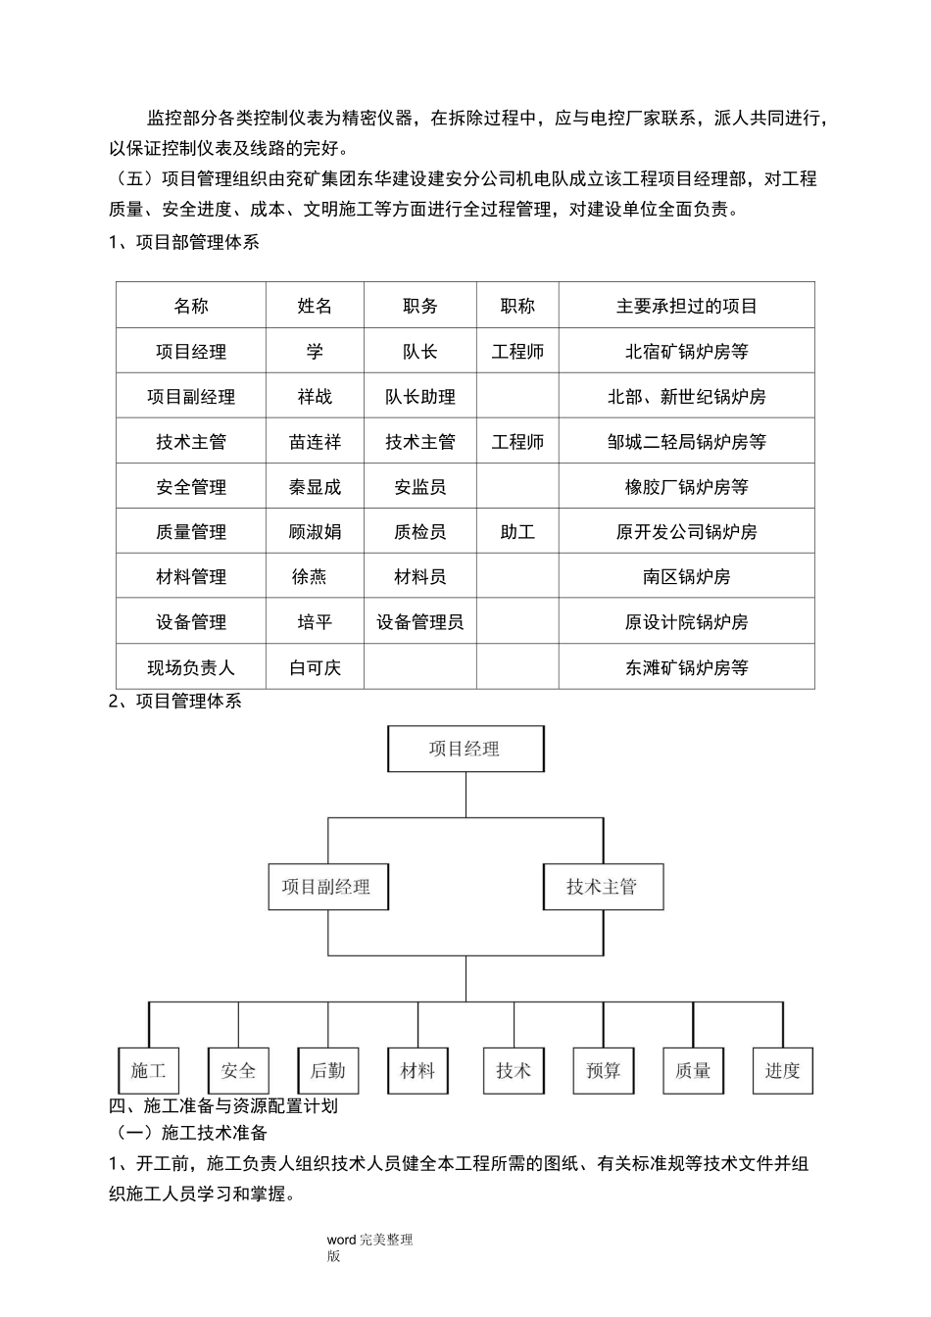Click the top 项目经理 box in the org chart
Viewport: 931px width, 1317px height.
tap(465, 750)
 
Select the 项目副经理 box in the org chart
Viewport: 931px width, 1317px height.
tap(327, 888)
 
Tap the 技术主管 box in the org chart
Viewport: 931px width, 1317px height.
tap(602, 888)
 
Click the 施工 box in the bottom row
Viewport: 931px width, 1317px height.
tap(148, 1071)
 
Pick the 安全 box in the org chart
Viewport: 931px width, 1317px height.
tap(238, 1071)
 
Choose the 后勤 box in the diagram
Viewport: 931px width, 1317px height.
tap(327, 1071)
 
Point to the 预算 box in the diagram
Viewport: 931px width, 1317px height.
tap(603, 1071)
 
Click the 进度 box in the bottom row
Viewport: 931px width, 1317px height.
tap(782, 1071)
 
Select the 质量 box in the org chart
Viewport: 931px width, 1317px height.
tap(693, 1071)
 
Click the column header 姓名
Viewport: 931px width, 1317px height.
tap(315, 307)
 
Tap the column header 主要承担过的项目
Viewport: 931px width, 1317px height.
tap(686, 307)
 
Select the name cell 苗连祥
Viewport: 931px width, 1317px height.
tap(315, 442)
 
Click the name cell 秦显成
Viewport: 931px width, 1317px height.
tap(315, 487)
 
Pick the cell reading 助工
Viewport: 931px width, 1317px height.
tap(517, 532)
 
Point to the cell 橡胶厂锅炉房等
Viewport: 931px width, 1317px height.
tap(686, 487)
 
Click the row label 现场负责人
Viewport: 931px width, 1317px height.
tap(191, 668)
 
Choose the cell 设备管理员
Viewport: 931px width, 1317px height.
tap(420, 622)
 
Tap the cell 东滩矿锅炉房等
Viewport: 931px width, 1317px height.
tap(686, 668)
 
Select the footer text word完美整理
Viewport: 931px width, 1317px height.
tap(370, 1241)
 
